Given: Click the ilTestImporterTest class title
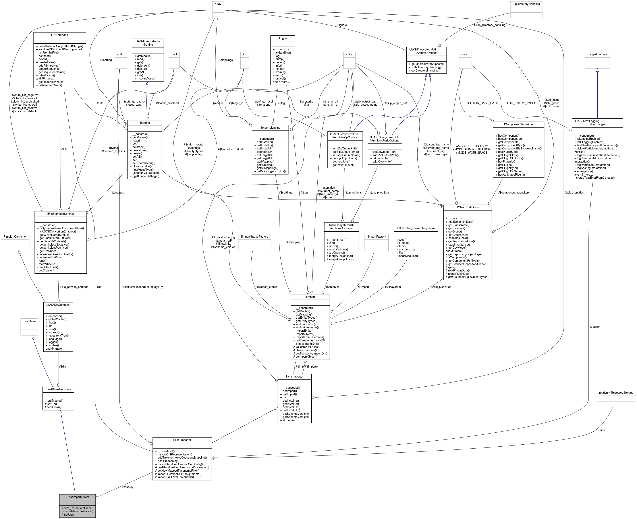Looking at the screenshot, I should click(x=77, y=497).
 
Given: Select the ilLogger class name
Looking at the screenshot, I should click(x=282, y=38).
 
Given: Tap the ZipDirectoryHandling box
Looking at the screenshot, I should click(x=526, y=4).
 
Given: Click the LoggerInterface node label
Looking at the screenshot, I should click(x=597, y=54).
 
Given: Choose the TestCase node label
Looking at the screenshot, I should click(x=29, y=321).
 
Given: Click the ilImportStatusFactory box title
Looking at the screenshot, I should click(x=254, y=236).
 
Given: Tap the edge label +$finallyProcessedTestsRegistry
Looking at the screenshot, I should click(x=141, y=287).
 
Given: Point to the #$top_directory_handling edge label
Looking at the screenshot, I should click(x=489, y=25).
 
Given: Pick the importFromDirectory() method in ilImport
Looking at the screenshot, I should click(x=310, y=337).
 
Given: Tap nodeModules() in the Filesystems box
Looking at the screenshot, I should click(x=408, y=256).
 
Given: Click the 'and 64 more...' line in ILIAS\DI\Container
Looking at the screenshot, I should click(x=55, y=349).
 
